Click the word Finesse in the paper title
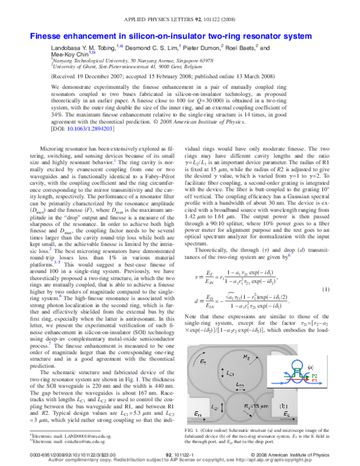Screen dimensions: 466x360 click(x=47, y=37)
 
